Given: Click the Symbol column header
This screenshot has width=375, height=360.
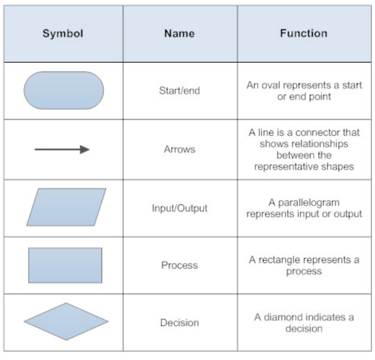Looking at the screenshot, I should tap(63, 33).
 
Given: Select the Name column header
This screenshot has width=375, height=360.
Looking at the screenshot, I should tap(180, 33).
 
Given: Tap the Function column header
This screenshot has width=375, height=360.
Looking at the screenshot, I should tap(303, 33).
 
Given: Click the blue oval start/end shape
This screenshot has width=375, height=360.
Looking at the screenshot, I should tap(63, 90).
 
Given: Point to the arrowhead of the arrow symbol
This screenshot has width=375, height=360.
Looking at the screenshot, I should tap(85, 149).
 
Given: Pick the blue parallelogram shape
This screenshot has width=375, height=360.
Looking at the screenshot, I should tap(66, 207).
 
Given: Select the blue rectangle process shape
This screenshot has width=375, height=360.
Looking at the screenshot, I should tap(65, 265).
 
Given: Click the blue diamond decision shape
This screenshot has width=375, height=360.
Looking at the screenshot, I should tap(66, 321).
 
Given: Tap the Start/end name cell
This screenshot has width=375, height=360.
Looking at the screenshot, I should tap(179, 91).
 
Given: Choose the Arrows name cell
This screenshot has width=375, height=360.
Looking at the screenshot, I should tap(179, 149).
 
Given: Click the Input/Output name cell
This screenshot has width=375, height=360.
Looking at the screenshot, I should tap(179, 208).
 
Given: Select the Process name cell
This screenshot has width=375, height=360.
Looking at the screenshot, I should tap(179, 265).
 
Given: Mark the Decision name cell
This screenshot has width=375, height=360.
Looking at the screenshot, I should tap(179, 322).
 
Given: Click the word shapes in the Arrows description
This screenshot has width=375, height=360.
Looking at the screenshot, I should tap(340, 166).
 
